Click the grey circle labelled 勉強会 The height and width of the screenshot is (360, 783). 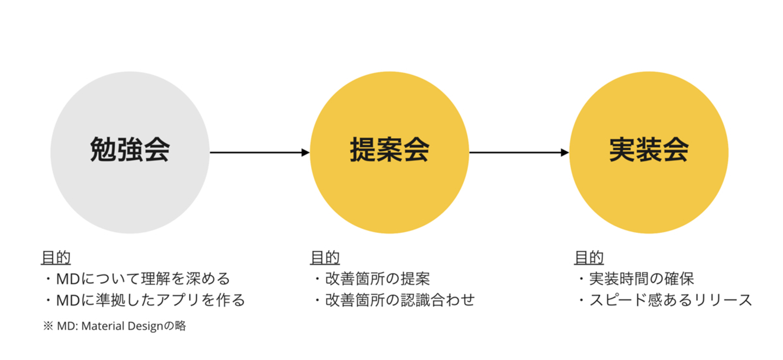click(x=129, y=152)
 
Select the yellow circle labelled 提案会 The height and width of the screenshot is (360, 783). click(x=389, y=152)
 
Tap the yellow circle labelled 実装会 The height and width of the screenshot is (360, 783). click(x=648, y=152)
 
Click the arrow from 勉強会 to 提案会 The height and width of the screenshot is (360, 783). click(x=259, y=152)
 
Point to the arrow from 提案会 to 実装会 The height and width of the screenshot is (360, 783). click(x=518, y=152)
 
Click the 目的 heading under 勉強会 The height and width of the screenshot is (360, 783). click(x=56, y=258)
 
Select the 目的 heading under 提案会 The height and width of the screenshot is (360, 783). click(x=325, y=258)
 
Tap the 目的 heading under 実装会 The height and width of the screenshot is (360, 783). click(x=589, y=258)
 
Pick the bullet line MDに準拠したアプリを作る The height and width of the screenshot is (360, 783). click(x=145, y=300)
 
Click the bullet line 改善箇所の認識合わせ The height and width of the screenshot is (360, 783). click(x=394, y=300)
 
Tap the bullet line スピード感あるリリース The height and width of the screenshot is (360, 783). click(x=664, y=300)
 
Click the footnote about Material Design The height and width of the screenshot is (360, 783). click(x=114, y=326)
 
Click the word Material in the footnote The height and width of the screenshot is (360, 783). click(x=102, y=326)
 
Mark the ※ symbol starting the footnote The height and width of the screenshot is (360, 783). click(x=47, y=326)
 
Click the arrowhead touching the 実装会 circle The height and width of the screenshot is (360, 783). click(x=564, y=152)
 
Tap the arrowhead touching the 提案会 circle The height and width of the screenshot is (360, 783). click(x=305, y=152)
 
